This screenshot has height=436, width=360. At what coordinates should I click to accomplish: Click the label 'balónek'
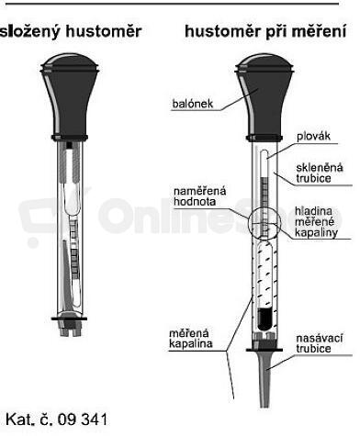(193, 104)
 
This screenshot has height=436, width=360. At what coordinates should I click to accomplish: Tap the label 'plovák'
(314, 136)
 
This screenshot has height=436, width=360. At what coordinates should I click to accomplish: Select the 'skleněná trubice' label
(320, 173)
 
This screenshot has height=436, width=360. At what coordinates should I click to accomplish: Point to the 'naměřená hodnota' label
(200, 196)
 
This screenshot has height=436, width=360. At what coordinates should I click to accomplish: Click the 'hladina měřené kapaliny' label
(316, 222)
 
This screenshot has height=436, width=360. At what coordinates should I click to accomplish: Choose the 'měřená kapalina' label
(190, 338)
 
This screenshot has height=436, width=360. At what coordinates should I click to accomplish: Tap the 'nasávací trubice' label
(320, 343)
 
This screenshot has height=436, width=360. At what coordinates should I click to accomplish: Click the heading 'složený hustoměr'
(71, 32)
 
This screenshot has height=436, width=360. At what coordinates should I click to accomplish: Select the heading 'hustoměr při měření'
(265, 31)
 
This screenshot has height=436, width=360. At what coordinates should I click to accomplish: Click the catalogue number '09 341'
(83, 419)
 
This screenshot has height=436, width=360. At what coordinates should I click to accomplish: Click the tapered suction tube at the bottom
(264, 379)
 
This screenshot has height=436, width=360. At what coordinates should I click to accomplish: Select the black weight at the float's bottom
(265, 319)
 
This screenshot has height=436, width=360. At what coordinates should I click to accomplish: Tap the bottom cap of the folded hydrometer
(69, 325)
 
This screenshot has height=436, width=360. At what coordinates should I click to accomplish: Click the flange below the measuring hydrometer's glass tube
(264, 349)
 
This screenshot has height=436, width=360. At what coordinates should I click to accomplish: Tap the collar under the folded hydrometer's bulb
(70, 138)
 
